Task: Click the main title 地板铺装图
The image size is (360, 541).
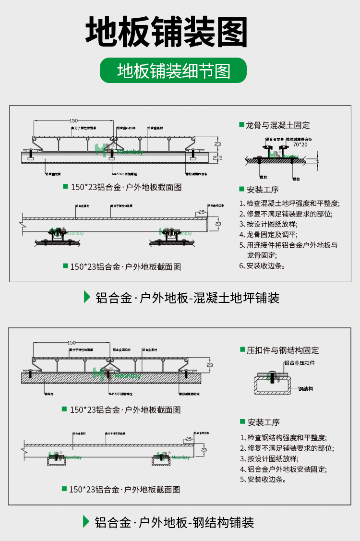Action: pyautogui.click(x=167, y=32)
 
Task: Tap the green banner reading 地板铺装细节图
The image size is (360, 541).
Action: pyautogui.click(x=173, y=71)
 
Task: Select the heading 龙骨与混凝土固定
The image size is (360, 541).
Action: pyautogui.click(x=278, y=125)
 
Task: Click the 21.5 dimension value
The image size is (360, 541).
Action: pyautogui.click(x=217, y=157)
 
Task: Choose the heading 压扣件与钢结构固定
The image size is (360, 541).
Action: pyautogui.click(x=283, y=350)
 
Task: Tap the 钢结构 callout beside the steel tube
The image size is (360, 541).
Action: pyautogui.click(x=305, y=389)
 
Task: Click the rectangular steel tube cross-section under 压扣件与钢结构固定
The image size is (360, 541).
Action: pyautogui.click(x=272, y=385)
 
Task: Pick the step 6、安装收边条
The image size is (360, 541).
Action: pyautogui.click(x=262, y=265)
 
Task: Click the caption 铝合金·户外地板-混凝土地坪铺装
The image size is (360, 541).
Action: pyautogui.click(x=187, y=298)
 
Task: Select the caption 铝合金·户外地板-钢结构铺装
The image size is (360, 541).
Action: pyautogui.click(x=174, y=522)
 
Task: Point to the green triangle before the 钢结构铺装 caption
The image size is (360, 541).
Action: pyautogui.click(x=86, y=521)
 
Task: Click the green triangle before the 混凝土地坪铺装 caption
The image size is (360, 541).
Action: pyautogui.click(x=87, y=297)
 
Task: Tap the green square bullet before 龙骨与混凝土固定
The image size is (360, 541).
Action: pyautogui.click(x=241, y=125)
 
